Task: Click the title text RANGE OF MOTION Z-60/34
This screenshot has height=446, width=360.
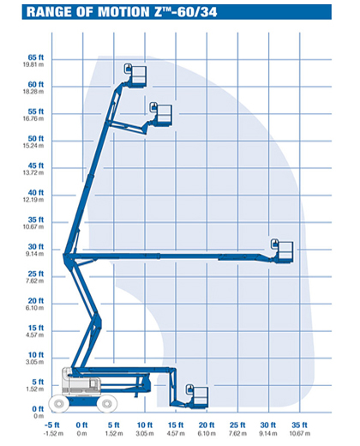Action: (122, 12)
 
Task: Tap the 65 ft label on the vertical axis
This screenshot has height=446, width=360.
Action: (36, 57)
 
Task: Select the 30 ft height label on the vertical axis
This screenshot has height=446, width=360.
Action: (36, 247)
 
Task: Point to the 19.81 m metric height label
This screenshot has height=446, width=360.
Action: (33, 64)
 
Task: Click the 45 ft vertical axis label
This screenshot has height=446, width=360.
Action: (36, 166)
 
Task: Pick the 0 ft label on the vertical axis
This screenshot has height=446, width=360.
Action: (38, 409)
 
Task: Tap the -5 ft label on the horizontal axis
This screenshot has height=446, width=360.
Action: (52, 425)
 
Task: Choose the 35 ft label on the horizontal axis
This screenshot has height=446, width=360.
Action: (299, 425)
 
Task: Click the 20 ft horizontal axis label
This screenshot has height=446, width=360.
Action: (207, 425)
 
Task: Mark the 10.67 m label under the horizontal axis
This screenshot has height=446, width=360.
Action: (300, 434)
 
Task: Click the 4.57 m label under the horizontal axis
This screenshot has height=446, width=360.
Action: (176, 434)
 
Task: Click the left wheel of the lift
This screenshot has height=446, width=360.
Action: (59, 404)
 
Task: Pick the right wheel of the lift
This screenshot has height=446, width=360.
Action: (107, 404)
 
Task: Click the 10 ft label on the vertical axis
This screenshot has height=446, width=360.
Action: (36, 355)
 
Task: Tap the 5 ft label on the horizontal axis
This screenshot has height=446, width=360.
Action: (114, 425)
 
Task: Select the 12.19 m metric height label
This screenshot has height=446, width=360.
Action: (33, 200)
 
